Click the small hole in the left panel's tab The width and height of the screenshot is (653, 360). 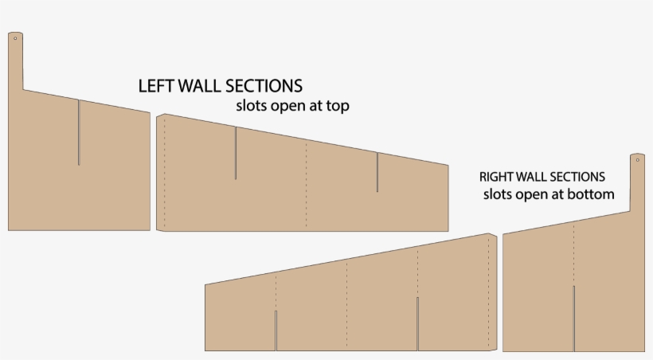point(15,37)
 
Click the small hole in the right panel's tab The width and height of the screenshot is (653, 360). point(637,160)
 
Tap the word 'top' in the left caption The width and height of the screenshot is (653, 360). point(337,105)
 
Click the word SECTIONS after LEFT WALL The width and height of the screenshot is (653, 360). point(264,86)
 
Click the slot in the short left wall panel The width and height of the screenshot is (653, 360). point(78,132)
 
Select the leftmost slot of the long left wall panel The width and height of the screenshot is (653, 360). point(235,153)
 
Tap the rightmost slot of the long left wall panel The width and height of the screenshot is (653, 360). point(377,173)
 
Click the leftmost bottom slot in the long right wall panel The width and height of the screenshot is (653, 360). point(276,331)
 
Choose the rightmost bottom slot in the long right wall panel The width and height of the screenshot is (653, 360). point(417,323)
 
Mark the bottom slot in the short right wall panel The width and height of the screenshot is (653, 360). point(573,318)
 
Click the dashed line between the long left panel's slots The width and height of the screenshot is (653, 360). point(307,183)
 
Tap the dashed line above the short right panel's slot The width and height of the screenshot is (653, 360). point(573,253)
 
